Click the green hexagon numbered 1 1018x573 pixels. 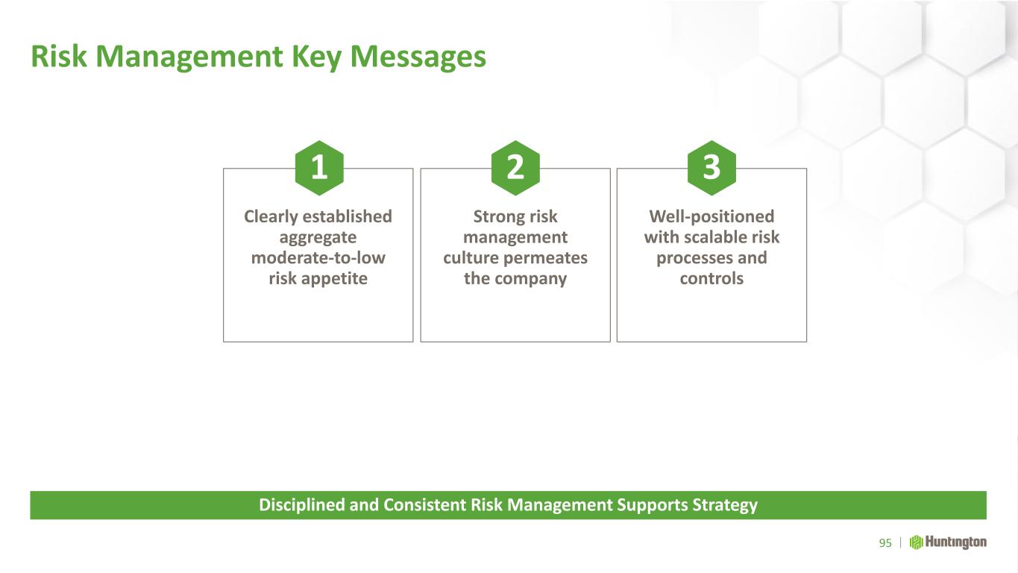(x=319, y=168)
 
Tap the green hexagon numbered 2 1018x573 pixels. (x=515, y=168)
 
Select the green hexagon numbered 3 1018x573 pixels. (x=711, y=168)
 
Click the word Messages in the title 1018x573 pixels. (x=418, y=57)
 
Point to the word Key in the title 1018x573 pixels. (x=316, y=57)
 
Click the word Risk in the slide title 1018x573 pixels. (x=59, y=57)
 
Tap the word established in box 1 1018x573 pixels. (x=348, y=216)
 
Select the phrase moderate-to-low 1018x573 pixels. (x=318, y=258)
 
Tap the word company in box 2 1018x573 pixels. (x=531, y=279)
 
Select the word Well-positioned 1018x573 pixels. (x=711, y=217)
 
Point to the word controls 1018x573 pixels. (x=711, y=278)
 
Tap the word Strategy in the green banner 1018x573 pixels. (x=725, y=506)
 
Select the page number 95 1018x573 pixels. (x=885, y=543)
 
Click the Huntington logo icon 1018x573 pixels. (x=916, y=542)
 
